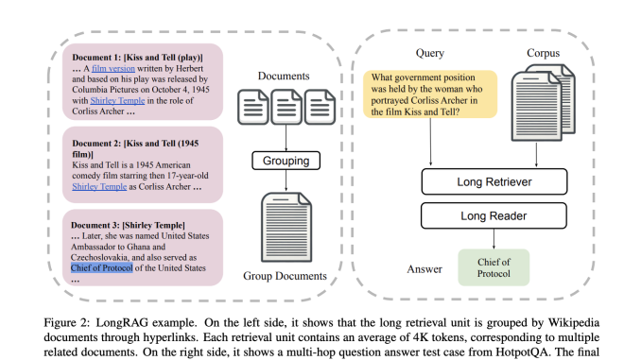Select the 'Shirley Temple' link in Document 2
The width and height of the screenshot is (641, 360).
click(x=99, y=186)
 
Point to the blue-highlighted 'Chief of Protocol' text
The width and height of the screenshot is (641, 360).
click(x=109, y=268)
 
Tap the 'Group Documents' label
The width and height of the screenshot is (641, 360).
click(x=285, y=276)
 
